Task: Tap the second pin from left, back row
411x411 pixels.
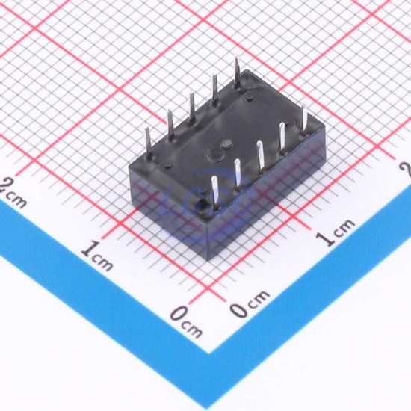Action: [170, 125]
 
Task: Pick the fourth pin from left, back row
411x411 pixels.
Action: [214, 89]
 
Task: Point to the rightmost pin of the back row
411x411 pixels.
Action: [237, 70]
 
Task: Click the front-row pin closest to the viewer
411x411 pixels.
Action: [215, 192]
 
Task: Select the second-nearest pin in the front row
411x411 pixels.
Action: [238, 173]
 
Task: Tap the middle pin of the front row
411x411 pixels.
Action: [260, 155]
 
